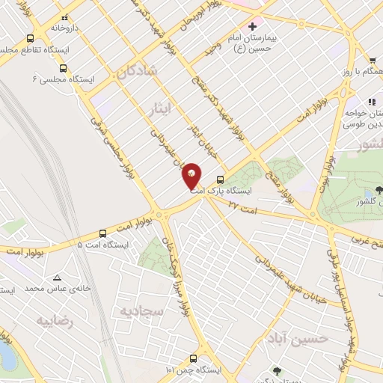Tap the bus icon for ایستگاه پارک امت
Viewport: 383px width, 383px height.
click(220, 180)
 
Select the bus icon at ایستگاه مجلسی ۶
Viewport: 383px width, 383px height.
click(62, 67)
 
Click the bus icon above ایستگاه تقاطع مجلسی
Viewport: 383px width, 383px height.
click(31, 38)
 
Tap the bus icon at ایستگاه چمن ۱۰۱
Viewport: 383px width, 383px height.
click(194, 358)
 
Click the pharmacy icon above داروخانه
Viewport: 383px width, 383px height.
click(64, 16)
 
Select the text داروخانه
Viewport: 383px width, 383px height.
click(65, 27)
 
